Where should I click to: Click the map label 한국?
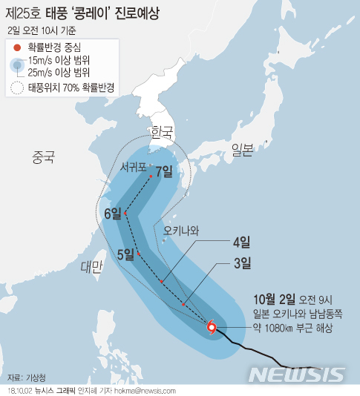161,132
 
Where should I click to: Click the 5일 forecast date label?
125,254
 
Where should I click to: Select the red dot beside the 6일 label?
126,214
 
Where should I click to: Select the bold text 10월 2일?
274,300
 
